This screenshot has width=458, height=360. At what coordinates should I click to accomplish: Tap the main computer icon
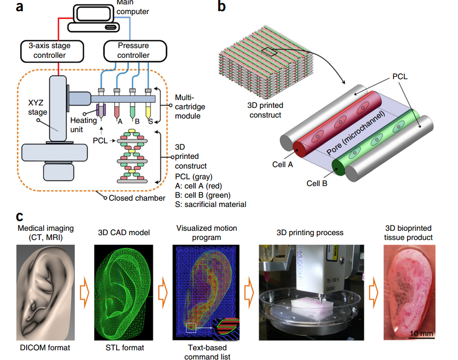pyautogui.click(x=95, y=17)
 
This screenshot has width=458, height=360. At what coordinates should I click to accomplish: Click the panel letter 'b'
pyautogui.click(x=222, y=8)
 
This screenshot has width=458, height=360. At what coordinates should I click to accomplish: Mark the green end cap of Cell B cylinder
pyautogui.click(x=339, y=168)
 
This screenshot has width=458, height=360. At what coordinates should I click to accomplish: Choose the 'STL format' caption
pyautogui.click(x=125, y=348)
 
